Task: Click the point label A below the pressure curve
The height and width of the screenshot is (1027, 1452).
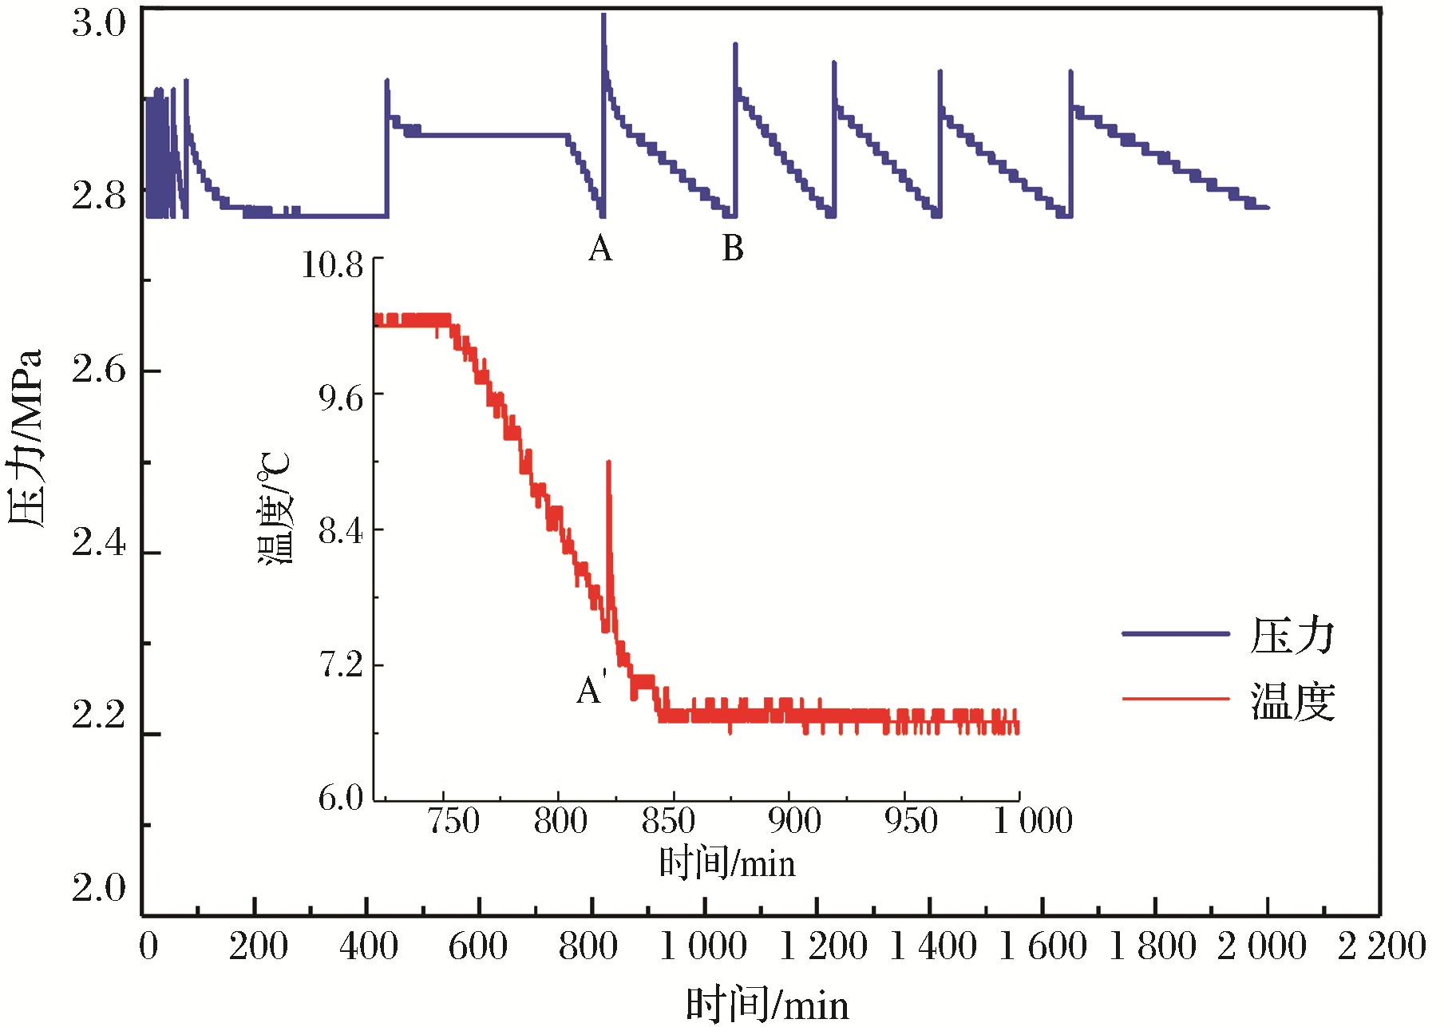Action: [x=600, y=249]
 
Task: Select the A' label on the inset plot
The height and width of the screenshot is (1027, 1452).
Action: [x=591, y=689]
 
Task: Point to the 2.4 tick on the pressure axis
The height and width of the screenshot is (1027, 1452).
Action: [x=99, y=543]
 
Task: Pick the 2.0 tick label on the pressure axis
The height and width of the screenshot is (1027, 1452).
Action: [x=99, y=887]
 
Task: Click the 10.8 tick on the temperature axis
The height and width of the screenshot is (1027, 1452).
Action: [x=332, y=264]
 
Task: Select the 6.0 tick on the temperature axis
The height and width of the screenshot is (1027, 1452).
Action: [x=341, y=797]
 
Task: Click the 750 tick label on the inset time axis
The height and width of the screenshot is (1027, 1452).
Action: [x=453, y=821]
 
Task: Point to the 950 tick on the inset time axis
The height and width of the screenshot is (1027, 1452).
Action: [x=911, y=821]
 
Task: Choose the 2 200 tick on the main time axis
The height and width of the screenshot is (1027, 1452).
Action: [x=1382, y=947]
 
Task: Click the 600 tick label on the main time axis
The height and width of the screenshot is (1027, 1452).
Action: [x=477, y=947]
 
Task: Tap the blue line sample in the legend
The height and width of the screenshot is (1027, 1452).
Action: [x=1175, y=634]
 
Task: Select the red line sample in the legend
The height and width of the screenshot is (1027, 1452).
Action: [x=1175, y=699]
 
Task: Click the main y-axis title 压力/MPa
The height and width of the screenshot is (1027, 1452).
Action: [x=26, y=438]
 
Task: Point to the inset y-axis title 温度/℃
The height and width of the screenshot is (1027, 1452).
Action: [x=276, y=508]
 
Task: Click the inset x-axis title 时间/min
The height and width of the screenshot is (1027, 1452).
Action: [x=727, y=864]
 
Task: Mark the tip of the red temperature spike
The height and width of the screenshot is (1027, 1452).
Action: [x=609, y=462]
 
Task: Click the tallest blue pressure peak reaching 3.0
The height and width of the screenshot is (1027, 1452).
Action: [x=603, y=16]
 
